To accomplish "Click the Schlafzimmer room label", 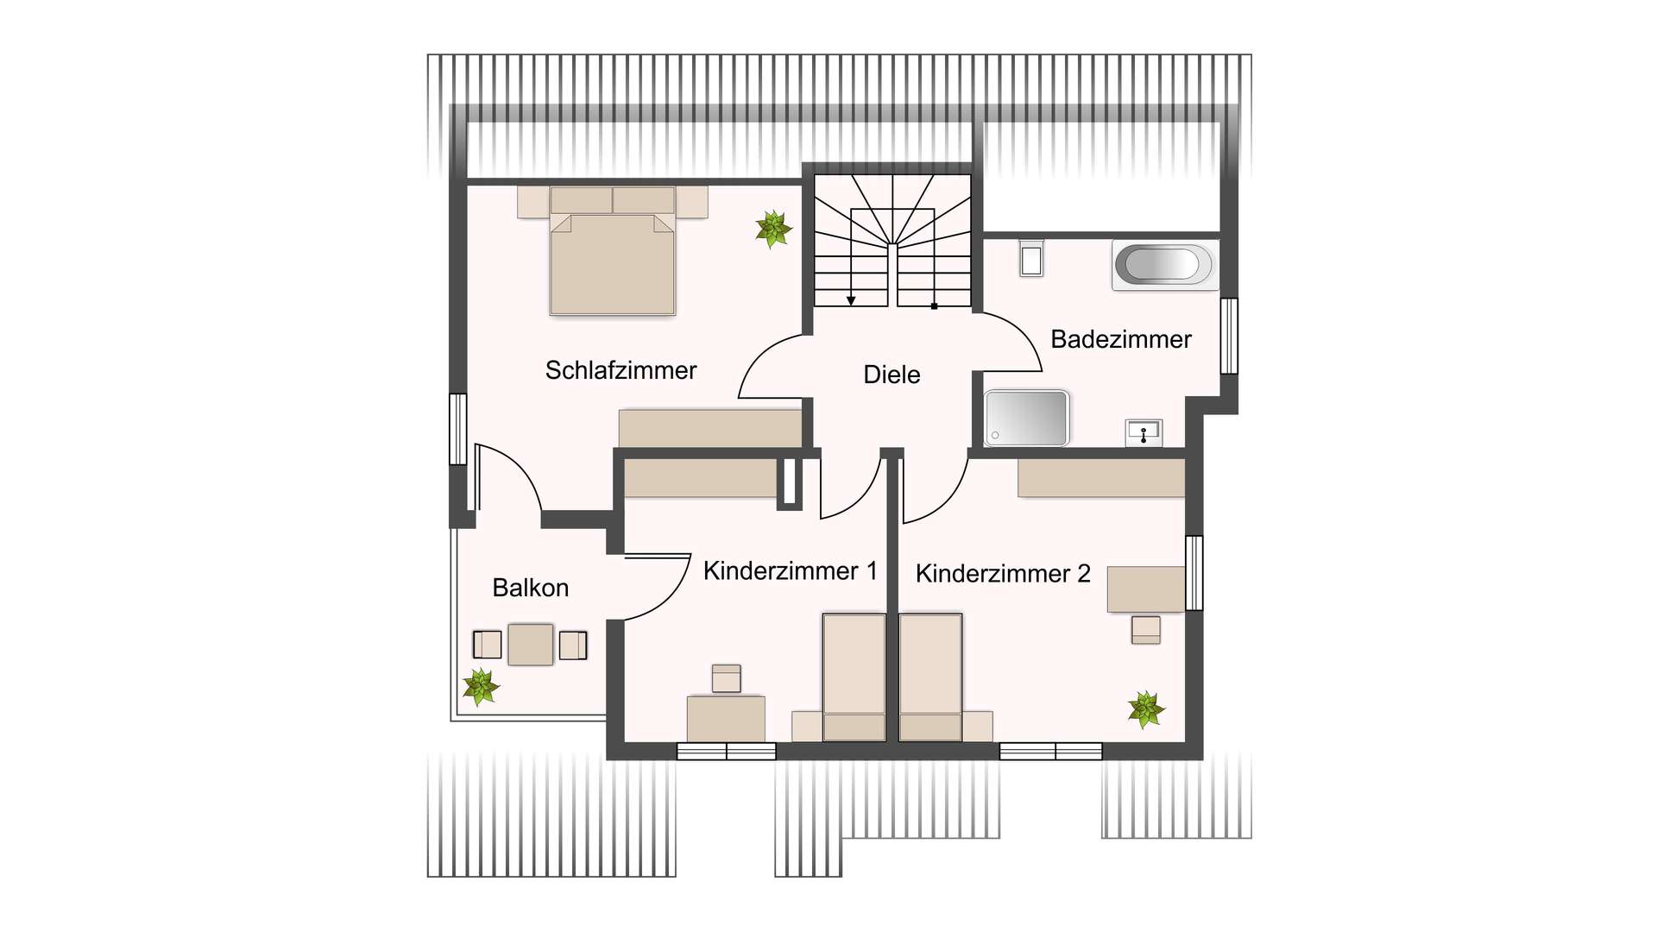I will [x=621, y=370].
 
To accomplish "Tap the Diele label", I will [x=892, y=375].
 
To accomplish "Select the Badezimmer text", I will [x=1120, y=339].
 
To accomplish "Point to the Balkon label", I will [x=530, y=588].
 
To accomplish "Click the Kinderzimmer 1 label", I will [x=790, y=570].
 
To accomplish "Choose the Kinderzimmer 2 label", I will [x=1003, y=573].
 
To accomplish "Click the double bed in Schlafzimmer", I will [x=613, y=259].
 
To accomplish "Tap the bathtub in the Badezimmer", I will [x=1164, y=265].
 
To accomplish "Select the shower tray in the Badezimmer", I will [x=1027, y=419].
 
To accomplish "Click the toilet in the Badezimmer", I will [x=1031, y=257].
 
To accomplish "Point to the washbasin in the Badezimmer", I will [x=1144, y=431].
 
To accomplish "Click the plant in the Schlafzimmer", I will [x=772, y=229].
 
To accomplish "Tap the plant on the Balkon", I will [x=480, y=687].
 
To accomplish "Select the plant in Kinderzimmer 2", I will [x=1146, y=709].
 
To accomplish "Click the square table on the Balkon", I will [x=530, y=644].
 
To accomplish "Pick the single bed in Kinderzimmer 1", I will [x=854, y=677].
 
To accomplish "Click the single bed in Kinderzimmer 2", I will [x=930, y=677].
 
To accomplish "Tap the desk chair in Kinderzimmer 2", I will [x=1146, y=630].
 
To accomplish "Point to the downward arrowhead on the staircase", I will [x=851, y=300].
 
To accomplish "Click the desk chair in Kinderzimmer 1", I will [x=727, y=678].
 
